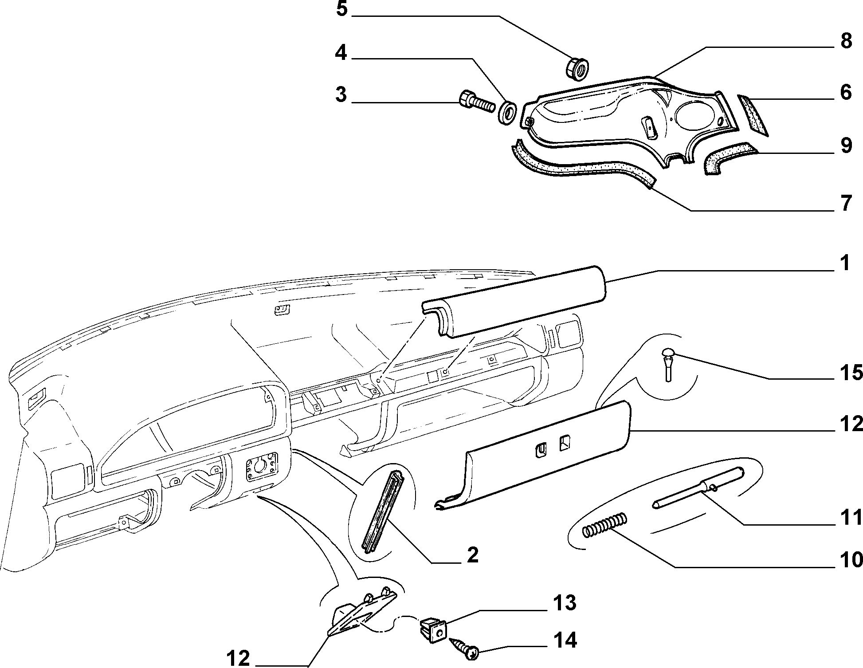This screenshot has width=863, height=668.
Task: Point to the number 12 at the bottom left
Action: click(238, 658)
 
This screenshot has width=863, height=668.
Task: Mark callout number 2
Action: click(473, 554)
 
